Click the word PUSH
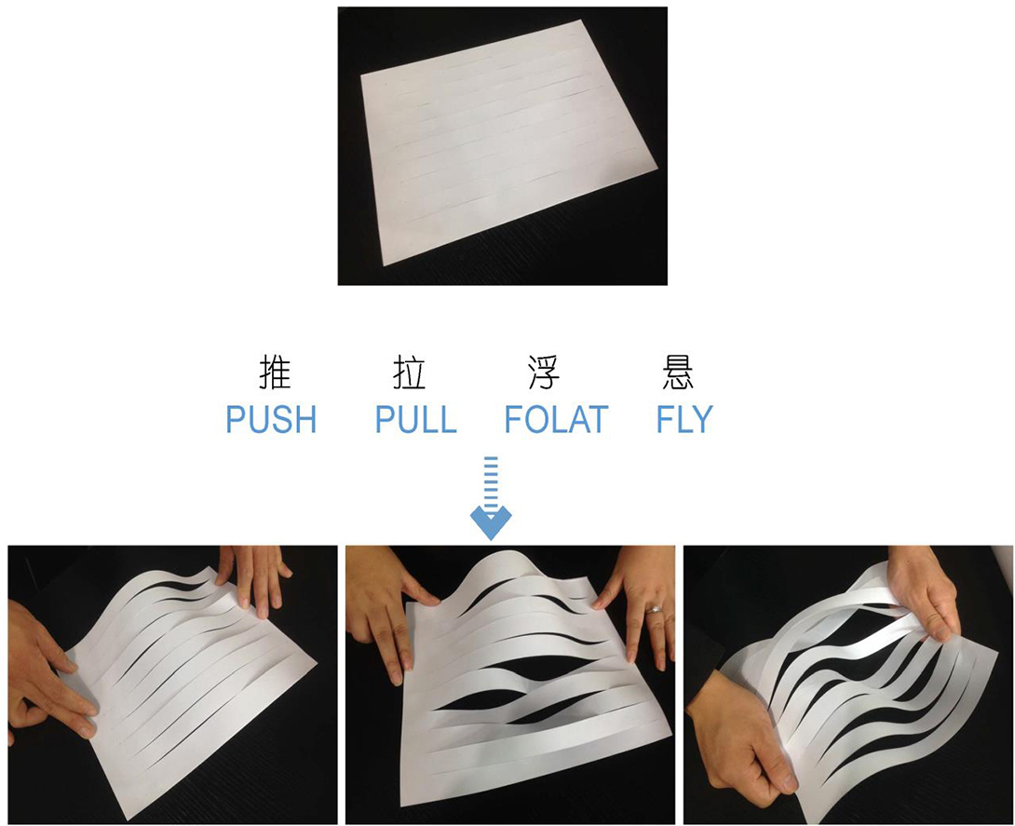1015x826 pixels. (271, 419)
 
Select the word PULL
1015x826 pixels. (415, 419)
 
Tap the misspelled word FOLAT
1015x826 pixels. (556, 419)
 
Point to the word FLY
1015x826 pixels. (684, 419)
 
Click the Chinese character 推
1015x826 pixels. (275, 372)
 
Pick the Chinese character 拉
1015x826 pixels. (409, 372)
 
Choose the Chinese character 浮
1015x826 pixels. (544, 372)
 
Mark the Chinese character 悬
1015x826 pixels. (678, 372)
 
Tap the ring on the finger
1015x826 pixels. (655, 609)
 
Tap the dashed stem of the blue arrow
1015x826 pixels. (492, 481)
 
